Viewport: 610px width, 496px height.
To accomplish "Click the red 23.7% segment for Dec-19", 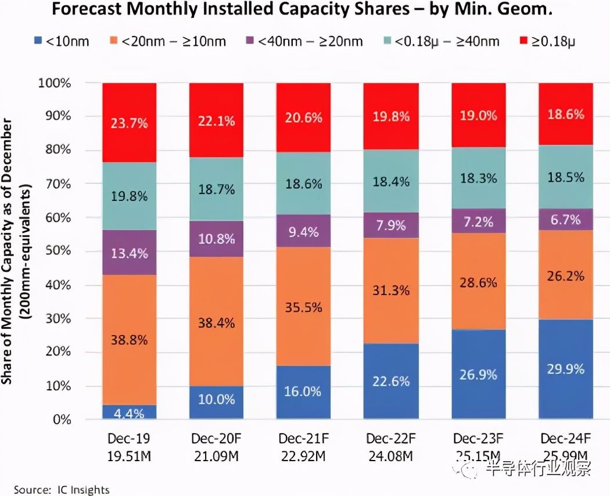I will point(129,123).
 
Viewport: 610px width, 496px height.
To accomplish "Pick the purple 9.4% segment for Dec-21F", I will point(303,231).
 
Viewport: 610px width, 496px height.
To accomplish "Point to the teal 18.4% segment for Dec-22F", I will point(390,181).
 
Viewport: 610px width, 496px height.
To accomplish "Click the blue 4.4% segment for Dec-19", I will point(129,412).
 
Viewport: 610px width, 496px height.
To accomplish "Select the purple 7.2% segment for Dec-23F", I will point(479,222).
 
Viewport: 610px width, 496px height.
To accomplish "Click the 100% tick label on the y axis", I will point(55,83).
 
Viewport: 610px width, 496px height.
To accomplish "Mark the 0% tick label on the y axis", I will point(60,419).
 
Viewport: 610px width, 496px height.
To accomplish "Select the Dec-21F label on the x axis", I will point(304,438).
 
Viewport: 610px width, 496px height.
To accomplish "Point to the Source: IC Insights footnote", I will point(62,489).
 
